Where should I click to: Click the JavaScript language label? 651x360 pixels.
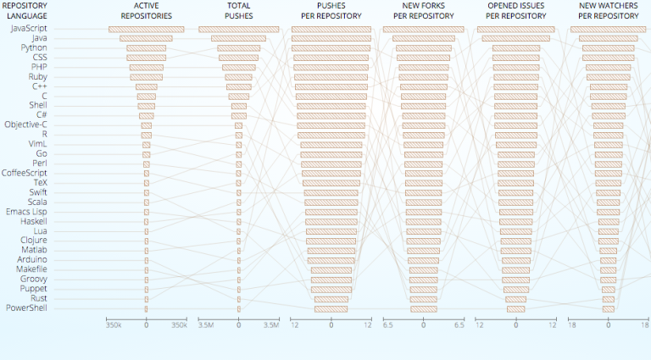(29, 29)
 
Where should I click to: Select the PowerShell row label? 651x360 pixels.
(27, 308)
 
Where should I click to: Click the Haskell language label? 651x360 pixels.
(33, 221)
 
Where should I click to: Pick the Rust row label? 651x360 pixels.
(39, 298)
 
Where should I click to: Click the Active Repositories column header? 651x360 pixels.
(146, 11)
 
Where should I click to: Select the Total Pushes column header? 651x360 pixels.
(239, 11)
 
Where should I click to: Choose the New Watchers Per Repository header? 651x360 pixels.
(608, 11)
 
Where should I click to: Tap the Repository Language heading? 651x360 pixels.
(27, 11)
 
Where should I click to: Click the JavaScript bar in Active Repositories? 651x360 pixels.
(147, 30)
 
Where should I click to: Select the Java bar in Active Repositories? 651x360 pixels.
(146, 38)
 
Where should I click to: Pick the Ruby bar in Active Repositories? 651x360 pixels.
(146, 77)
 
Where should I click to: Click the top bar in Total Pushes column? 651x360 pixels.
(239, 30)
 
